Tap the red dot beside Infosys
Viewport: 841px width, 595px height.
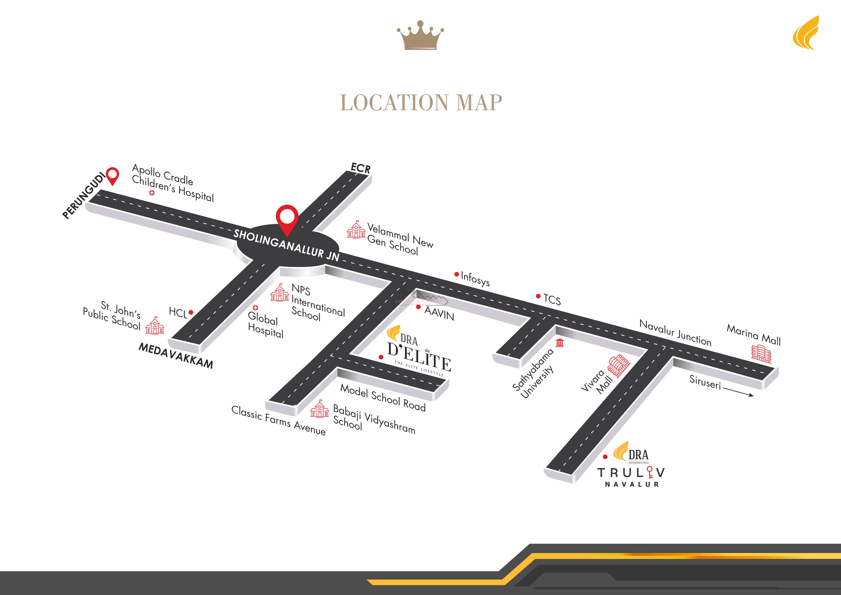tap(456, 274)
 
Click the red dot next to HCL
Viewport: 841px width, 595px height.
tap(191, 312)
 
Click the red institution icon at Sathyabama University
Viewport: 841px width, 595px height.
tap(560, 343)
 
